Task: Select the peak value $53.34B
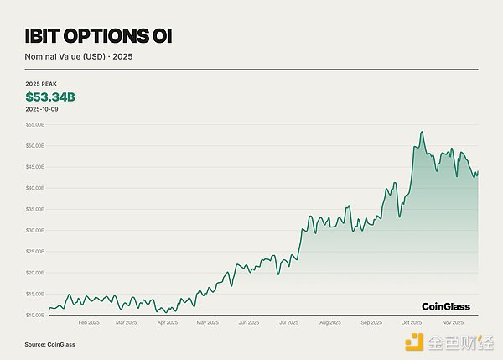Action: (x=49, y=97)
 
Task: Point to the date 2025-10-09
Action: (x=41, y=109)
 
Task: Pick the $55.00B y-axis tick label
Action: (x=36, y=124)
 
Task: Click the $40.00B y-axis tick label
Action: (x=36, y=188)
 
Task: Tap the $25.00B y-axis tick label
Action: (x=36, y=251)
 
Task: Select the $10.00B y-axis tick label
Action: (x=36, y=315)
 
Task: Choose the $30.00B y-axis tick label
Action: (x=36, y=230)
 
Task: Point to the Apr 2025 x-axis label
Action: (x=167, y=322)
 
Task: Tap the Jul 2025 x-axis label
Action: (x=288, y=322)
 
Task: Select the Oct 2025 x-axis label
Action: (x=412, y=322)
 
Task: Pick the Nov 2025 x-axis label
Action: (x=452, y=322)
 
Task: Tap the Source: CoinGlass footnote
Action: (x=46, y=344)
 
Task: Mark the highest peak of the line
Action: (x=423, y=132)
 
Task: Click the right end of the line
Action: (x=478, y=172)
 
